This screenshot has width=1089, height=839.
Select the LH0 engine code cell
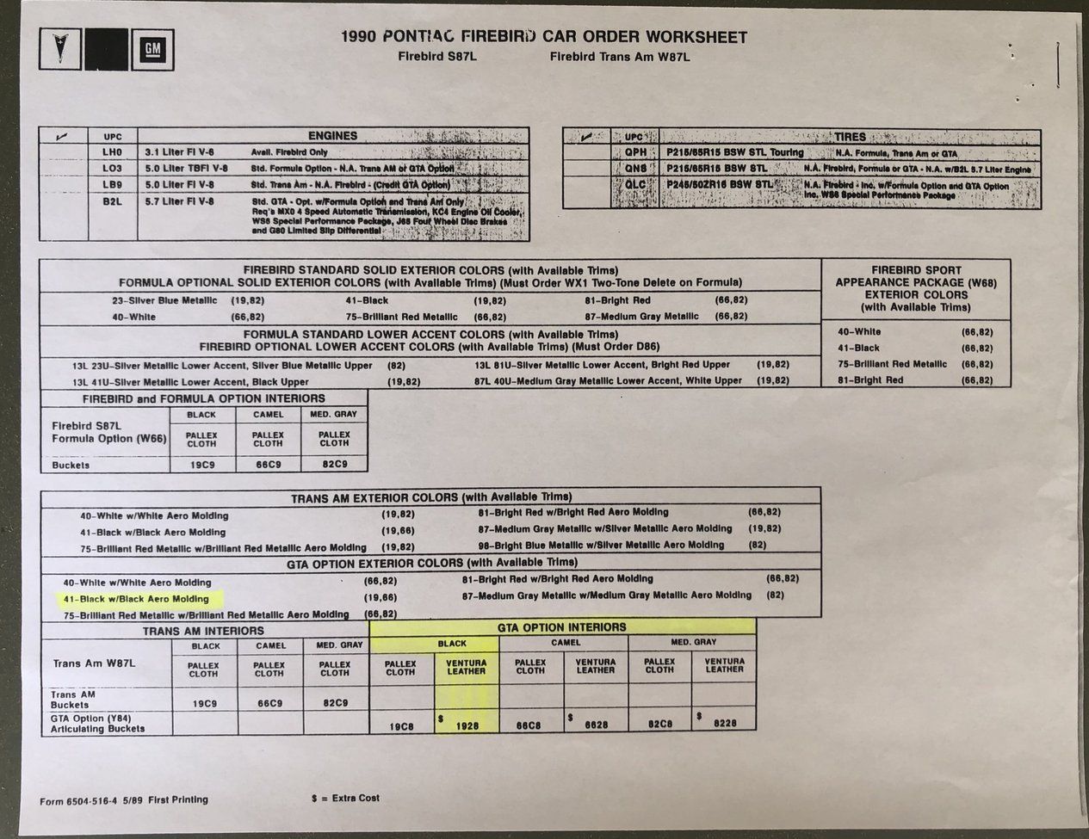(113, 151)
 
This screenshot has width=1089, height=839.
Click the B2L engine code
(113, 201)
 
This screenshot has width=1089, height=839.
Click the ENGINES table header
(332, 136)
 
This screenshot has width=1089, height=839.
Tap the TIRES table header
(850, 137)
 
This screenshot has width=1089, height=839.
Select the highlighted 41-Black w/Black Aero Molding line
(136, 598)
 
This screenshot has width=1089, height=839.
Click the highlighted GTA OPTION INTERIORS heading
(562, 627)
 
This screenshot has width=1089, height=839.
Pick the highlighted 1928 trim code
(467, 725)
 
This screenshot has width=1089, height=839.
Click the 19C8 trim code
(401, 726)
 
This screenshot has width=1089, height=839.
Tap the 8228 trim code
(725, 725)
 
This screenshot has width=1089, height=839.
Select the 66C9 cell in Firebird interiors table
(268, 465)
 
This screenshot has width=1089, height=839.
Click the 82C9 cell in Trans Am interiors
(334, 703)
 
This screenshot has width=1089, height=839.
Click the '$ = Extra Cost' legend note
(345, 799)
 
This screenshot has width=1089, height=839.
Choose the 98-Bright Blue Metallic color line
(601, 545)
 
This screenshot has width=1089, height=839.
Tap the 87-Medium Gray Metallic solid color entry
(640, 317)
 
